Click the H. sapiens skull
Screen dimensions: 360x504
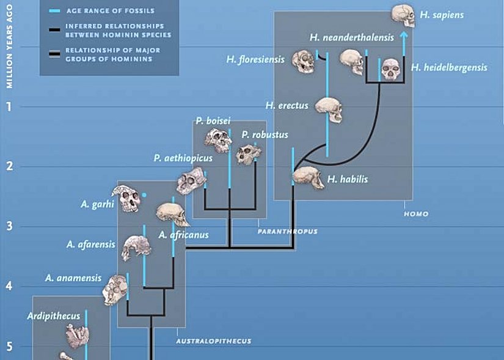pos(401,16)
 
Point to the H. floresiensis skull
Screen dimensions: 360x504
pos(304,62)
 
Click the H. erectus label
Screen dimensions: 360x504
pos(287,106)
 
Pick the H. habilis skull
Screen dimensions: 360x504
pos(308,178)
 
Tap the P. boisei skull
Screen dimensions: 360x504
pos(217,141)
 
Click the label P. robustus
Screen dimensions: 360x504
pos(264,134)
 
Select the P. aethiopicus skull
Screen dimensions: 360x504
pos(189,181)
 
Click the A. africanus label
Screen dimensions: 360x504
pos(183,234)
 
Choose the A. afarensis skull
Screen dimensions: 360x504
pos(137,247)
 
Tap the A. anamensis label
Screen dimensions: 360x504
pos(73,278)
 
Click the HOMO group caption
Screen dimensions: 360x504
pos(415,214)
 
